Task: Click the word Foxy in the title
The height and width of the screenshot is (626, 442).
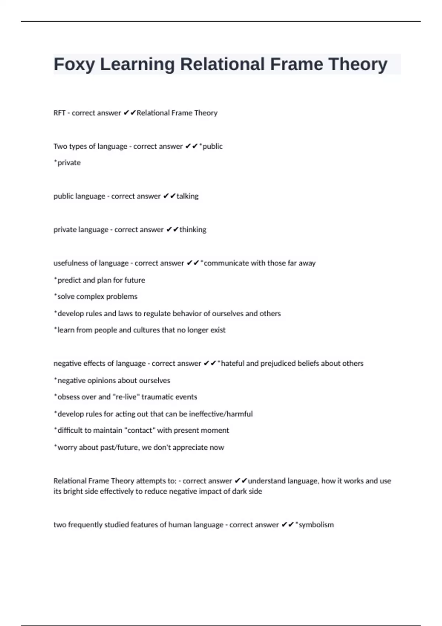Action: pos(74,64)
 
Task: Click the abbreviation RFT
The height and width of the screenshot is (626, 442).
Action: pos(59,113)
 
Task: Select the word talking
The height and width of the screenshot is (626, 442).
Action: pos(187,196)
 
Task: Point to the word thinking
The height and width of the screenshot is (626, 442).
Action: pos(193,230)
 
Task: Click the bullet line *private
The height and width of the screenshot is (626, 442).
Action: pos(67,163)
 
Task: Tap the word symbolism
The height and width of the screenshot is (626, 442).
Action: pos(316,525)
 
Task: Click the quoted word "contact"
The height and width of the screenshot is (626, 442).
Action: pos(140,430)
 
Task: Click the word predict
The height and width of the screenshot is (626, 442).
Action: pos(68,280)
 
